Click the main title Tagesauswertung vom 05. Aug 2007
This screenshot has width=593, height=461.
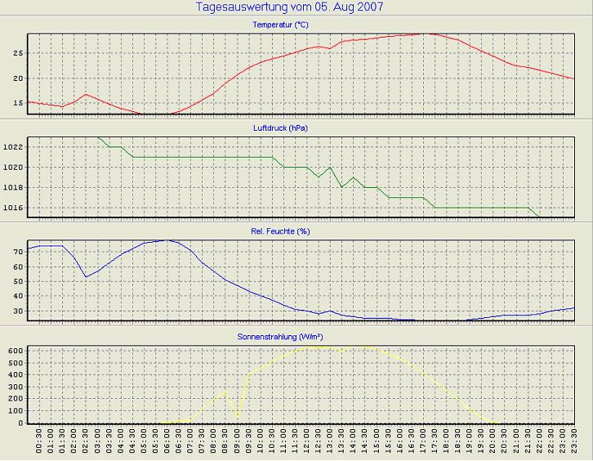tap(290, 7)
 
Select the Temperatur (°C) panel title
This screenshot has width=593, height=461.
tap(281, 25)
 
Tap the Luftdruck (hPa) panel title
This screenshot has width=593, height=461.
tap(281, 128)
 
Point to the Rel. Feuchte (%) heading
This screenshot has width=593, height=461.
tap(281, 231)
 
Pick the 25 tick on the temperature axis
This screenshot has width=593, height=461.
tap(18, 53)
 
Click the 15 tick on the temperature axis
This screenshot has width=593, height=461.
tap(18, 103)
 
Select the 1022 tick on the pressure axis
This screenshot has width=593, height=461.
tap(14, 147)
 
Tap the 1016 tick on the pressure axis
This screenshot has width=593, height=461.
tap(14, 208)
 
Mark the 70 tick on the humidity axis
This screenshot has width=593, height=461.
tap(18, 253)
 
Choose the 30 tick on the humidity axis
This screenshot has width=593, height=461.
tap(18, 311)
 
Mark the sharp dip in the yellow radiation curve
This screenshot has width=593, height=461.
tap(238, 416)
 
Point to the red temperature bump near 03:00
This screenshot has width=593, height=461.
tap(86, 95)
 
